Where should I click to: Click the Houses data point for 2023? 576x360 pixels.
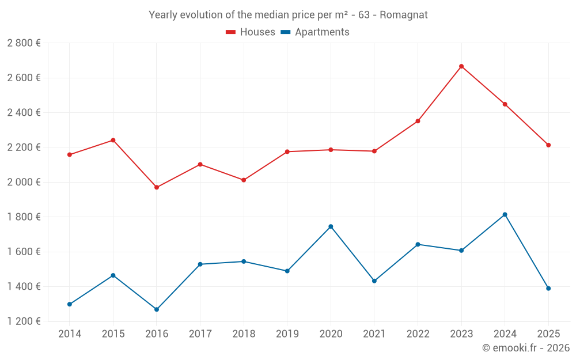click(x=461, y=66)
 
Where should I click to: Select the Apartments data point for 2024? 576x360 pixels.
click(x=505, y=214)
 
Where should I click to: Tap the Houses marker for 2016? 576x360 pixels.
click(x=157, y=187)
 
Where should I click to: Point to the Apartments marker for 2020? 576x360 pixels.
click(x=331, y=226)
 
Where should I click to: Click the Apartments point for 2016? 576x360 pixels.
click(x=157, y=309)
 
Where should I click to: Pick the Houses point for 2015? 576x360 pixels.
click(x=113, y=140)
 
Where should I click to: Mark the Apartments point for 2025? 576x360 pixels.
click(x=548, y=289)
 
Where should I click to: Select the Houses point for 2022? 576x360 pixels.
click(x=418, y=121)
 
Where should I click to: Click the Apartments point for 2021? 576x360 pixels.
click(x=374, y=281)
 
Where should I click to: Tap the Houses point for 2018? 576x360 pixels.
click(x=244, y=180)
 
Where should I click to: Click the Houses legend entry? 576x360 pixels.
click(x=251, y=32)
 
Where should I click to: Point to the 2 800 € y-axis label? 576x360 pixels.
click(x=24, y=43)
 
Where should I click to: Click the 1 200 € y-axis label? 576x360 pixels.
click(x=24, y=321)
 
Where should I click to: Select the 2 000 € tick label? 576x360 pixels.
click(x=24, y=182)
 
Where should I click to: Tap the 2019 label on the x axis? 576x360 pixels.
click(x=287, y=334)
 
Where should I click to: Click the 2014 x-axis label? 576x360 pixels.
click(x=70, y=334)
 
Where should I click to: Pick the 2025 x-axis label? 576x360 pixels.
click(x=548, y=334)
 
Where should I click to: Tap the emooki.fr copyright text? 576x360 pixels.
click(x=525, y=348)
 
